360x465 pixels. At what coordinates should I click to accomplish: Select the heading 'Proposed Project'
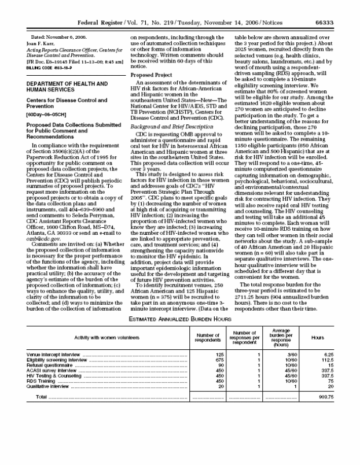click(151, 75)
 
